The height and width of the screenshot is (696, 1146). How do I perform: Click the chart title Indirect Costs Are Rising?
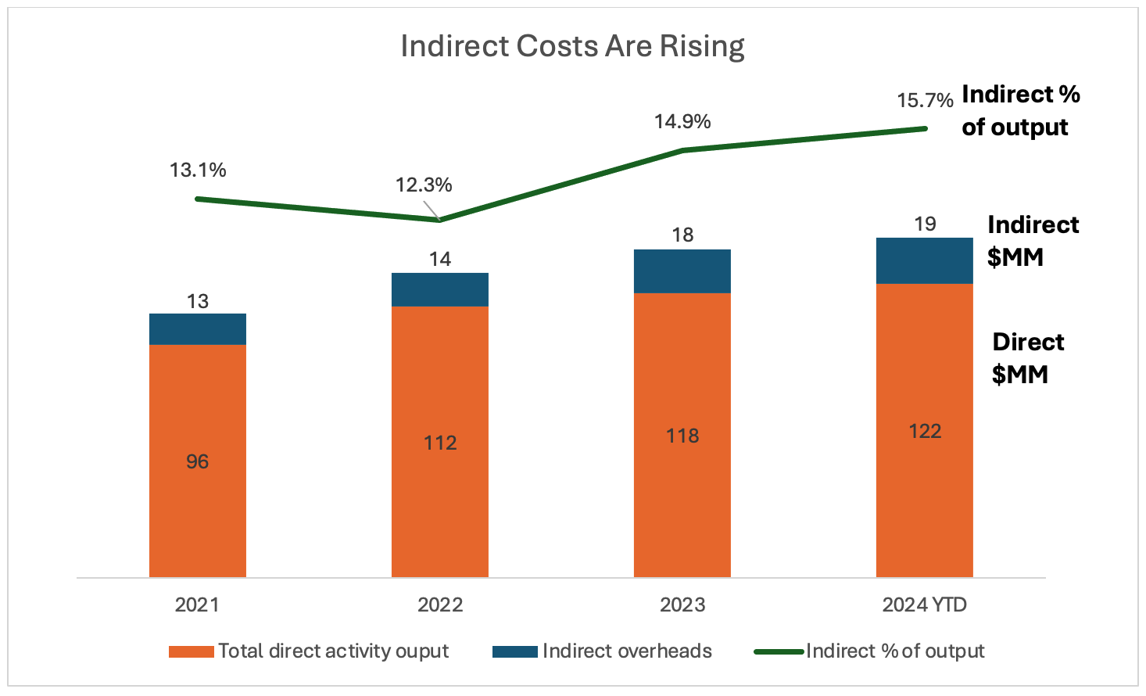coord(572,46)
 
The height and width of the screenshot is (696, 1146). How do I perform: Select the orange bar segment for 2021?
coord(198,461)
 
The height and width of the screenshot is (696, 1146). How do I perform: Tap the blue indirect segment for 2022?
coord(440,289)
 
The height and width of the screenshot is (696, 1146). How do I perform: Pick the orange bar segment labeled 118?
coord(682,435)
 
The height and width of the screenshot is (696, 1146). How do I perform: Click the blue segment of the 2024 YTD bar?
coord(925,260)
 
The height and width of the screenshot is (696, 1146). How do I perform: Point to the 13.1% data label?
coord(198,170)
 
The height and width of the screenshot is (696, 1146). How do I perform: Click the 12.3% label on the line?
coord(424,185)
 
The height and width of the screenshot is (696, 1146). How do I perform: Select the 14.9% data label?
coord(682,121)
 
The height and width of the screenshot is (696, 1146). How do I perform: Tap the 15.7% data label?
coord(925,100)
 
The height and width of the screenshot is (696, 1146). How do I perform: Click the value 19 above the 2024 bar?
coord(925,224)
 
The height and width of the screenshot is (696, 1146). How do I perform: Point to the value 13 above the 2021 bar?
coord(198,301)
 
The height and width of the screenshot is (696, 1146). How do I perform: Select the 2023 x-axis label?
coord(682,605)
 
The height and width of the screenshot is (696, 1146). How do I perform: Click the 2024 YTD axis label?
coord(925,605)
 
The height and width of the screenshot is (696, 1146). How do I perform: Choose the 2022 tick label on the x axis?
coord(440,605)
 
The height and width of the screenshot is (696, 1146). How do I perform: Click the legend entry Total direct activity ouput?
coord(333,651)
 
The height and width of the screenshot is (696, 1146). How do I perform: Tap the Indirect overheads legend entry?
coord(627,651)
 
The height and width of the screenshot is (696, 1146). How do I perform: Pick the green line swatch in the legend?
coord(779,651)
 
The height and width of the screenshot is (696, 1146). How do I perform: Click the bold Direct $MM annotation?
coord(1027,358)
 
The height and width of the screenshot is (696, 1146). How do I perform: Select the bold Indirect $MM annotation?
coord(1032,241)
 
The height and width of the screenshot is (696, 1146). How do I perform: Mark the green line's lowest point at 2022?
coord(440,220)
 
